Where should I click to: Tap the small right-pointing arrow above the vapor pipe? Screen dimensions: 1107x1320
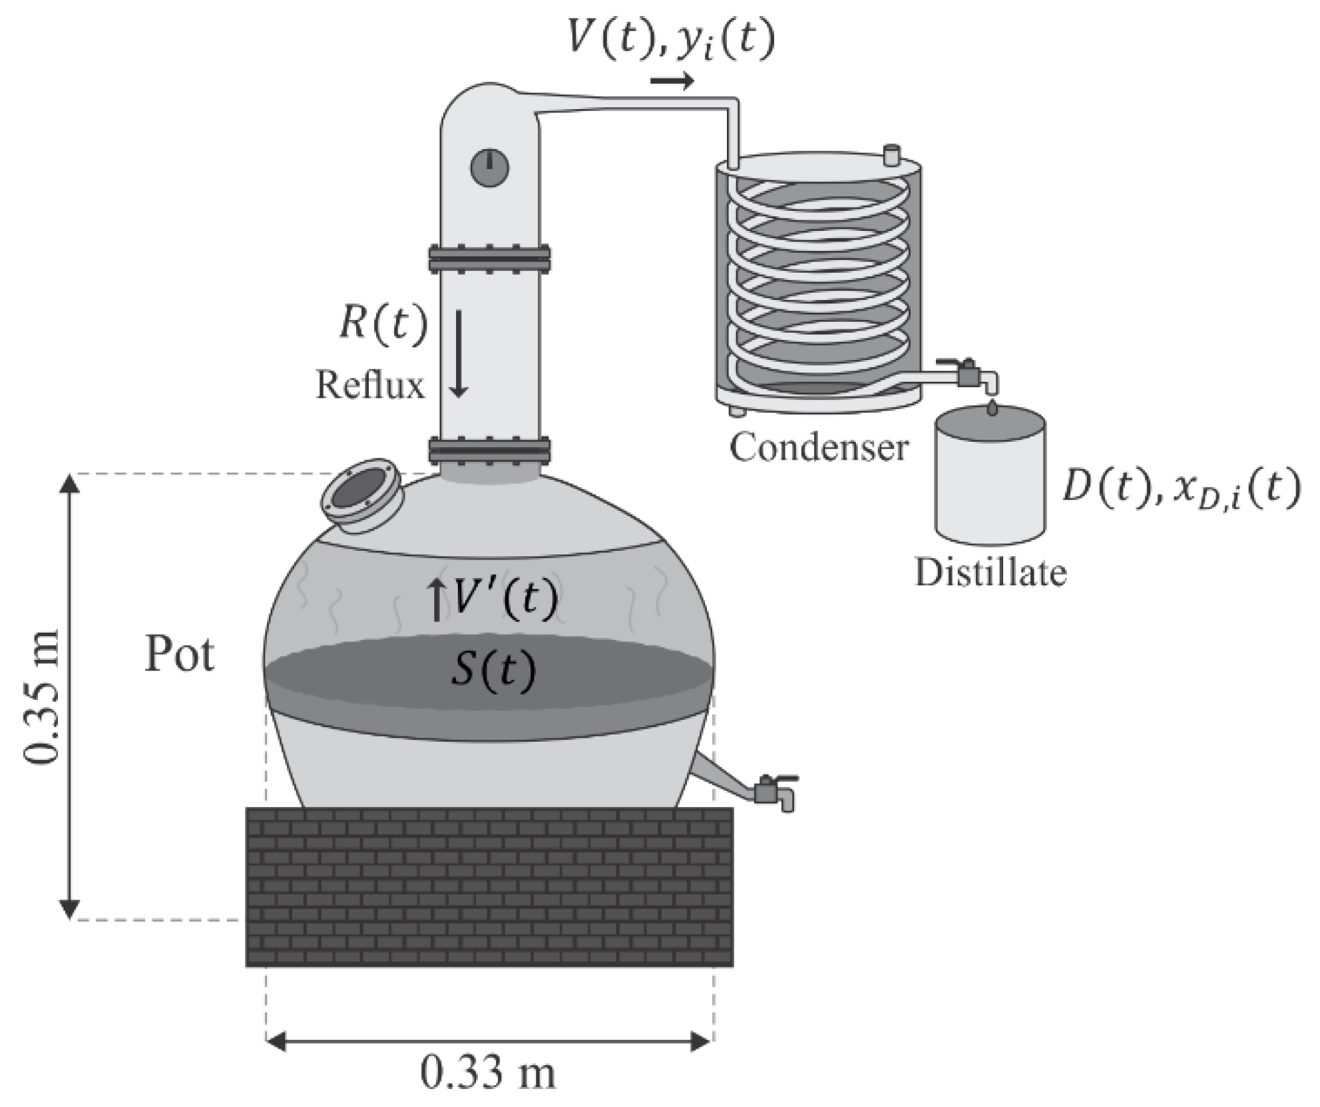[672, 81]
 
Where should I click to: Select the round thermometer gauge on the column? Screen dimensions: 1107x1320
[489, 168]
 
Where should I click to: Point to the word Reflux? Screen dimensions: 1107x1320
[369, 385]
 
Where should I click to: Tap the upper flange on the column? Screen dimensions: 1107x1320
[489, 258]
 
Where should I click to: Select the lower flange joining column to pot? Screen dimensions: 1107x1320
[489, 450]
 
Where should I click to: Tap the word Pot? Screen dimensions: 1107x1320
[179, 655]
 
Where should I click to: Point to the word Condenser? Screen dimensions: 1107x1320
[819, 447]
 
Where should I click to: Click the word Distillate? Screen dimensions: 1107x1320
[990, 573]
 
